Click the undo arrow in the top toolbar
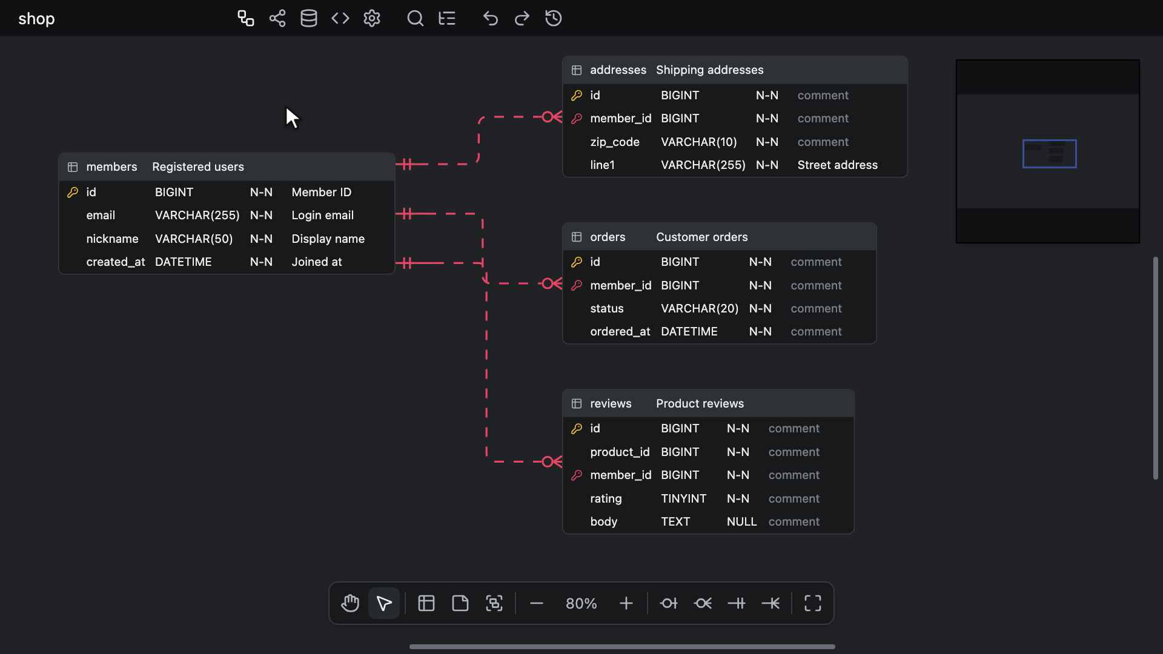pos(491,19)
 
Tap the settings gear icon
pos(372,19)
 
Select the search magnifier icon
pos(416,19)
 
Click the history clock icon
pos(554,19)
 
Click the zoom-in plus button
pos(626,604)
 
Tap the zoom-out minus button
pos(537,604)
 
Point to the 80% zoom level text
pos(581,604)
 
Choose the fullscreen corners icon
pos(813,604)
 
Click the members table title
pos(111,167)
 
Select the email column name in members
pos(101,216)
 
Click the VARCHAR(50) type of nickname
pos(194,239)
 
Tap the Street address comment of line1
pos(838,165)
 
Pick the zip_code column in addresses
pos(615,142)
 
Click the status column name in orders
pos(607,309)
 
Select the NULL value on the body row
pos(742,522)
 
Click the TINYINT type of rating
pos(684,499)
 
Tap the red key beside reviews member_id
pos(577,475)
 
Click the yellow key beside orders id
pos(577,262)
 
